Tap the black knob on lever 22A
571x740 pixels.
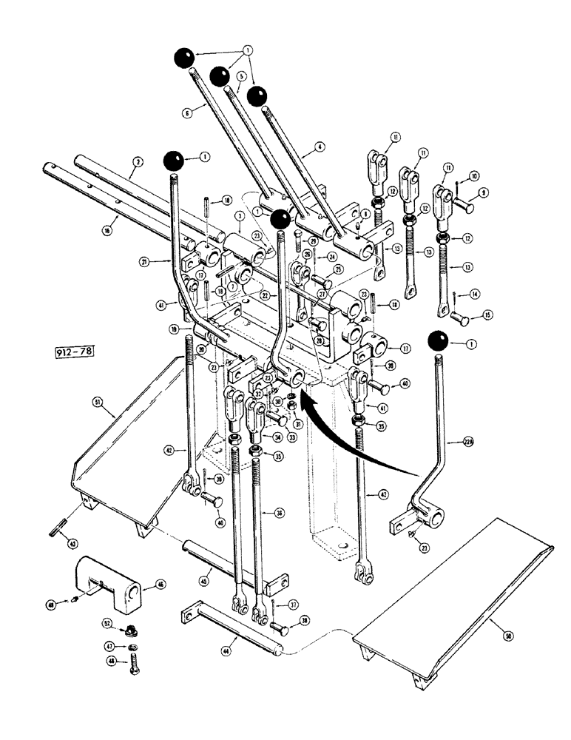439,342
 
